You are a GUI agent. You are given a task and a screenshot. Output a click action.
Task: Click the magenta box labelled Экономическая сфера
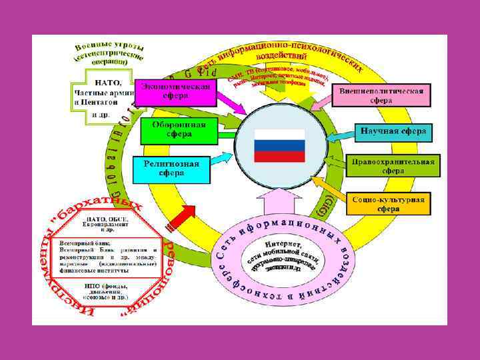point(177,92)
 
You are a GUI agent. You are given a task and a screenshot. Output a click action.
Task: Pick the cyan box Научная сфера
point(393,131)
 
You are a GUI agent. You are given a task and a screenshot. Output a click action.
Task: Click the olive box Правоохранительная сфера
point(393,166)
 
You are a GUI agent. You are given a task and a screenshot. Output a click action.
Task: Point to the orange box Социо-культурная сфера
point(388,203)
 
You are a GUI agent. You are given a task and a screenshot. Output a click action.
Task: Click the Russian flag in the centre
point(279,145)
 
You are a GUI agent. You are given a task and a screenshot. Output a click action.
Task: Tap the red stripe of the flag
point(279,157)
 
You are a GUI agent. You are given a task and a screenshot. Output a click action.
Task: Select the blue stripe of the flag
point(279,146)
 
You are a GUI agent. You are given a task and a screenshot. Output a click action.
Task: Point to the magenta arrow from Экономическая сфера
point(233,104)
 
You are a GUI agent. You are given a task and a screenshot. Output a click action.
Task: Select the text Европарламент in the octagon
point(107,225)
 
